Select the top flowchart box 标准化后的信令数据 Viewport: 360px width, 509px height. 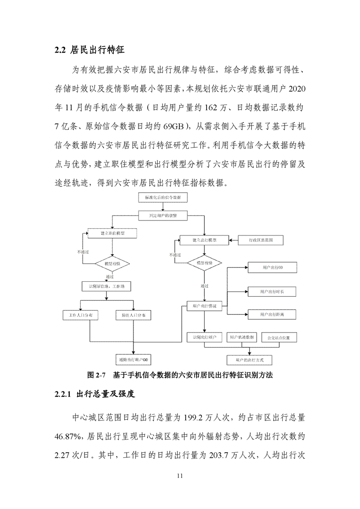(x=163, y=198)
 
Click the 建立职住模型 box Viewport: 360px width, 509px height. (x=112, y=233)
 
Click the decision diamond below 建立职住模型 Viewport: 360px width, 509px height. (x=112, y=263)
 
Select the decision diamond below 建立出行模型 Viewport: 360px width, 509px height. (x=204, y=263)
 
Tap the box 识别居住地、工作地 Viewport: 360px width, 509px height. (x=106, y=286)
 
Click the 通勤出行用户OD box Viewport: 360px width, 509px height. (x=133, y=360)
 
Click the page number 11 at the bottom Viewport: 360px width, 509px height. (x=180, y=476)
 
